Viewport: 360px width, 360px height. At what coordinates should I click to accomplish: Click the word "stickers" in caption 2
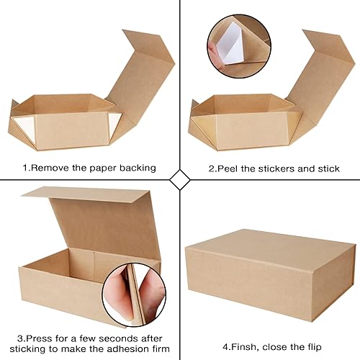(282, 168)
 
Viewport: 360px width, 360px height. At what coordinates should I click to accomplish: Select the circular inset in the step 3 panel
(130, 291)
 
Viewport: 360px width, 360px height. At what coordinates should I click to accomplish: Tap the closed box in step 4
(270, 266)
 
